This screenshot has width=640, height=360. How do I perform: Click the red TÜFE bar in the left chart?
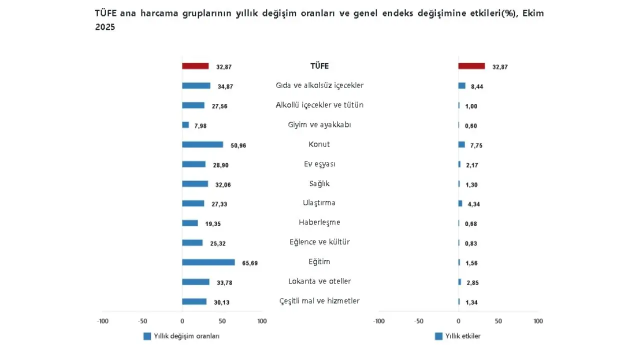pyautogui.click(x=195, y=66)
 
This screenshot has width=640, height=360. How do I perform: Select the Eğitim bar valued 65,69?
pyautogui.click(x=208, y=262)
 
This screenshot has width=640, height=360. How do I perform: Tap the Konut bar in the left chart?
pyautogui.click(x=202, y=144)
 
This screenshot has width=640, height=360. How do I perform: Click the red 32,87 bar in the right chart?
pyautogui.click(x=471, y=66)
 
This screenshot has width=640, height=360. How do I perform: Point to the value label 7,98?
pyautogui.click(x=199, y=126)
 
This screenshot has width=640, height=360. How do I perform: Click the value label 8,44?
pyautogui.click(x=477, y=86)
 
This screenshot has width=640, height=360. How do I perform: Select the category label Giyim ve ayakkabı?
pyautogui.click(x=319, y=124)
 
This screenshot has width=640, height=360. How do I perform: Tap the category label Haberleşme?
pyautogui.click(x=319, y=222)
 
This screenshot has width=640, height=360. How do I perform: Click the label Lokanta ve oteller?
pyautogui.click(x=319, y=281)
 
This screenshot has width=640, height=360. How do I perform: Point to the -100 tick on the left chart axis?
pyautogui.click(x=102, y=321)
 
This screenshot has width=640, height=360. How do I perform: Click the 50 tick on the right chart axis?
pyautogui.click(x=498, y=321)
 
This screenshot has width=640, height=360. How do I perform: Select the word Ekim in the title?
pyautogui.click(x=533, y=13)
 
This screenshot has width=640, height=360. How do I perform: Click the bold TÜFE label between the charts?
pyautogui.click(x=319, y=66)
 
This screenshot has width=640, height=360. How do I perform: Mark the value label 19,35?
pyautogui.click(x=213, y=224)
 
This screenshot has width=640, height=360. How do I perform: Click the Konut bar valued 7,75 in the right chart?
pyautogui.click(x=461, y=144)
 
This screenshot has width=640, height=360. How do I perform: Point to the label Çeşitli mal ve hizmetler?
pyautogui.click(x=319, y=301)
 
